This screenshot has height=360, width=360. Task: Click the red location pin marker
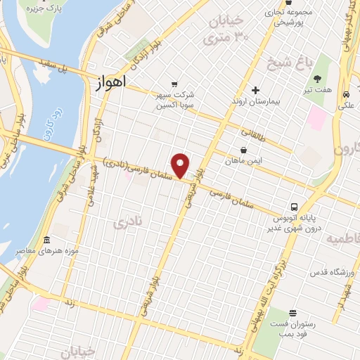pos(181,165)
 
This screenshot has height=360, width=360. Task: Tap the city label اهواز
pos(108,82)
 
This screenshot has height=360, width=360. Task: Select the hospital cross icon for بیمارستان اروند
pos(256,90)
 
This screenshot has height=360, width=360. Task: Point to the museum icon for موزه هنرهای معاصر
pos(46,240)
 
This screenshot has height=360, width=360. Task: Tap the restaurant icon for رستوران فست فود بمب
pos(292,312)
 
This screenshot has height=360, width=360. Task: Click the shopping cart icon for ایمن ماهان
pos(243,150)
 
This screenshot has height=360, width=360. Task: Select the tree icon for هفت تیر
pos(317,79)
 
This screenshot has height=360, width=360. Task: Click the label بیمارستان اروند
pos(256,102)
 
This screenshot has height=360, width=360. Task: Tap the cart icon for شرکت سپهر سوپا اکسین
pos(174,83)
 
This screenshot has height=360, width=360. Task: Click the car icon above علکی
pos(347,94)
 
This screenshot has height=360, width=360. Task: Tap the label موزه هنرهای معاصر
pos(53,252)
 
